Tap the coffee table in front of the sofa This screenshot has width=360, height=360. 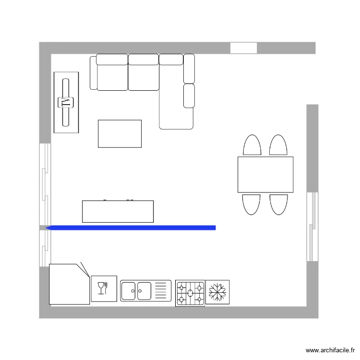pyautogui.click(x=120, y=133)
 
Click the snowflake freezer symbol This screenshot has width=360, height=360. pyautogui.click(x=217, y=292)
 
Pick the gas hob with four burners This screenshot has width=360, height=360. pyautogui.click(x=190, y=293)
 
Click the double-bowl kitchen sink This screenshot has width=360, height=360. pyautogui.click(x=136, y=291)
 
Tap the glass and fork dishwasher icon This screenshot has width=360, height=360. pyautogui.click(x=104, y=288)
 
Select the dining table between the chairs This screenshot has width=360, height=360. pyautogui.click(x=265, y=175)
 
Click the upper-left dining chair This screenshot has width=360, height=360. pyautogui.click(x=252, y=145)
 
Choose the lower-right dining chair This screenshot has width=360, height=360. pyautogui.click(x=278, y=204)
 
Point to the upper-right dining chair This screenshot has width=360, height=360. pyautogui.click(x=278, y=145)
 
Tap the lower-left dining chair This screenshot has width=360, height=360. pyautogui.click(x=252, y=204)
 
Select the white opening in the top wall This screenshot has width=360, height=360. pyautogui.click(x=243, y=48)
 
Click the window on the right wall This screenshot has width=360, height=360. pyautogui.click(x=312, y=227)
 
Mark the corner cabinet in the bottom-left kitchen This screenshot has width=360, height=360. pyautogui.click(x=68, y=284)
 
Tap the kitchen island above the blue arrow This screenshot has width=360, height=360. pyautogui.click(x=118, y=212)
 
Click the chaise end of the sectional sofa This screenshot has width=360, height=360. pyautogui.click(x=176, y=118)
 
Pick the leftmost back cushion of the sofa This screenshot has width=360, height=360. pyautogui.click(x=112, y=60)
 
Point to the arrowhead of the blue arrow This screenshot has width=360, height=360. pyautogui.click(x=48, y=228)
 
